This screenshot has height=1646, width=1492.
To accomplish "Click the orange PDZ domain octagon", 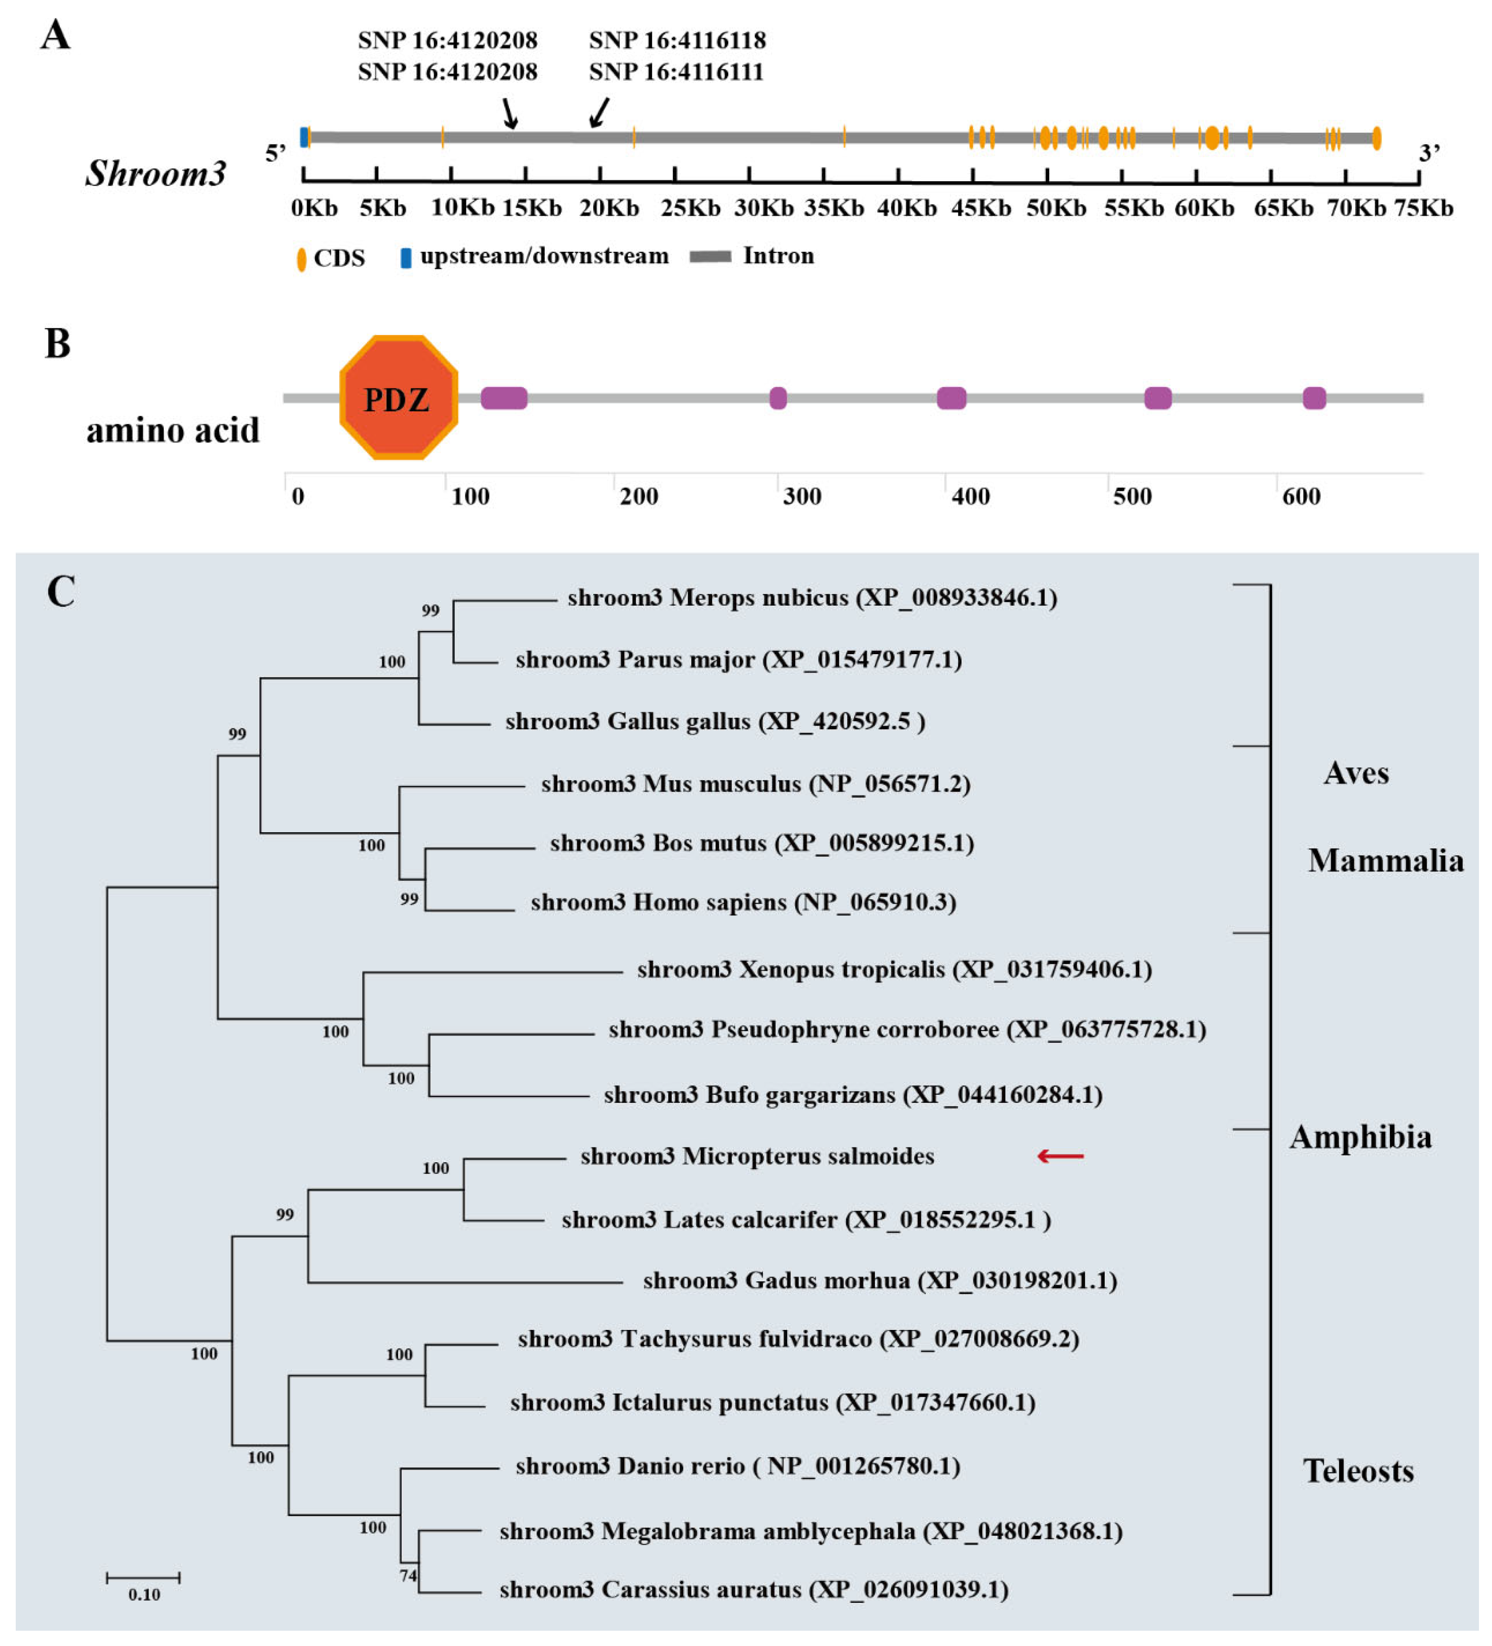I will (398, 397).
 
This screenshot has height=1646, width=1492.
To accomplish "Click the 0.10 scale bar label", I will (144, 1594).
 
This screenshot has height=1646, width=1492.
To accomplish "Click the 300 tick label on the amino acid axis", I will (801, 496).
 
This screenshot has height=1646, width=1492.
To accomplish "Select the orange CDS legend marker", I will (301, 259).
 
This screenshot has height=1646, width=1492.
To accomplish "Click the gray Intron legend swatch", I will (710, 257).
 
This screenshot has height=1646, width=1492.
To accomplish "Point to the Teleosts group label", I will (1358, 1471).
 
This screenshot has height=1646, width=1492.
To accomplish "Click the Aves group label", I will (1356, 772).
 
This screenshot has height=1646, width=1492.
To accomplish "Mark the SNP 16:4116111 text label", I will (676, 72).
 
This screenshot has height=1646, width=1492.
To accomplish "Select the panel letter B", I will (57, 344).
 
